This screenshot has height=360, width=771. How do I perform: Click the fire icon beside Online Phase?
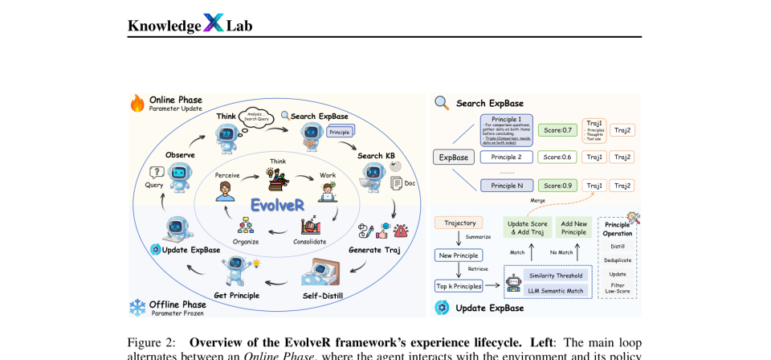(137, 104)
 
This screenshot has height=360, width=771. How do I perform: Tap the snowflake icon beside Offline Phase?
(137, 307)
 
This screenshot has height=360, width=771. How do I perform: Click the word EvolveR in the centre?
(277, 205)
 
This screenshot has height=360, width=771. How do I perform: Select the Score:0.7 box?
(557, 129)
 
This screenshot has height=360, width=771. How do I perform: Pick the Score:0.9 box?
(557, 186)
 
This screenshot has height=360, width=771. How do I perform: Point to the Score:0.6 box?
(557, 157)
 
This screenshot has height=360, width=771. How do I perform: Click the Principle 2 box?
(506, 157)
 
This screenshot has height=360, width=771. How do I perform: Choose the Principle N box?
(506, 186)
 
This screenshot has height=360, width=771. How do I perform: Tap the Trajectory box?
(459, 223)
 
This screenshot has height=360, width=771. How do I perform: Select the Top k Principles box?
(459, 285)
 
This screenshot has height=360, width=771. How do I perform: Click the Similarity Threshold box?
(556, 275)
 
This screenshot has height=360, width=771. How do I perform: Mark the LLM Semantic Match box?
(556, 289)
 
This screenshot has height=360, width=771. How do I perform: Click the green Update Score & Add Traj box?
(527, 227)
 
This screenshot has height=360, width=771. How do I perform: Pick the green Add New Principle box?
(573, 227)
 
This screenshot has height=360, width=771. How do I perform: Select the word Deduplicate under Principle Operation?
(617, 260)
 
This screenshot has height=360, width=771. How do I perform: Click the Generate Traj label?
(375, 250)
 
